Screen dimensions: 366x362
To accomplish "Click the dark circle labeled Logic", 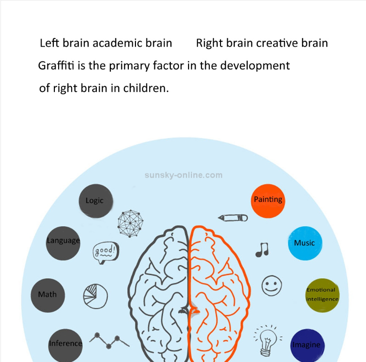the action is click(x=96, y=201).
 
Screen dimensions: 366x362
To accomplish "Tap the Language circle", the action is click(x=63, y=243).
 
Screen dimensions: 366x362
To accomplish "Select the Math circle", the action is click(x=48, y=295).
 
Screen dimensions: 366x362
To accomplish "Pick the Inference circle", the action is click(x=65, y=345).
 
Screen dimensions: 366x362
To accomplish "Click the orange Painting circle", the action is click(x=268, y=201).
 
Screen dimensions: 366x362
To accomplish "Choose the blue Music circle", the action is click(x=305, y=243).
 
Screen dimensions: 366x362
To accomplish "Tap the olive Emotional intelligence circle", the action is click(x=323, y=295).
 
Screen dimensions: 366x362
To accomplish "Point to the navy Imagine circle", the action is click(x=307, y=345).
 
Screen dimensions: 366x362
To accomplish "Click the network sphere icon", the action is click(x=130, y=223).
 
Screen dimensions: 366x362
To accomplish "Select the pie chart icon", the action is click(x=95, y=296).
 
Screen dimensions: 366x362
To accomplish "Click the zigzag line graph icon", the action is click(x=109, y=341).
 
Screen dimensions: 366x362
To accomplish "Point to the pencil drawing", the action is click(x=233, y=218).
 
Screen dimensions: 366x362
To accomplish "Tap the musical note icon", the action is click(x=262, y=250).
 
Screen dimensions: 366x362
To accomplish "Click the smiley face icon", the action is click(x=272, y=286).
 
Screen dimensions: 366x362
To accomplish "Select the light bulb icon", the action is click(x=268, y=341).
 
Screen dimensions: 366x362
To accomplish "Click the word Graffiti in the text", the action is click(x=56, y=66).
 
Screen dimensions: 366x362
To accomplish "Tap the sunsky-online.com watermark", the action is click(x=183, y=175).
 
